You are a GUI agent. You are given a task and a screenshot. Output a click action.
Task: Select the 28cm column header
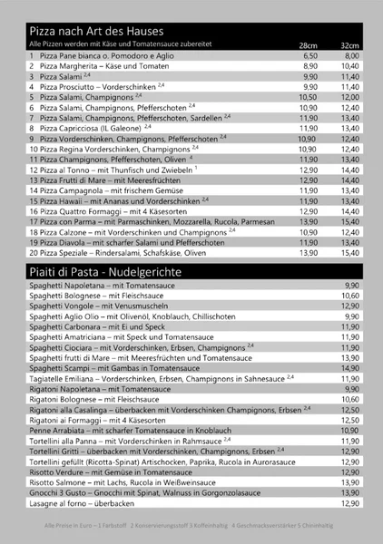point(309,44)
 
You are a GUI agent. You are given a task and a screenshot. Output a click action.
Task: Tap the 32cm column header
point(350,44)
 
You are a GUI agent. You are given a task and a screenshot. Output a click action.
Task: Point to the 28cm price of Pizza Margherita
point(309,66)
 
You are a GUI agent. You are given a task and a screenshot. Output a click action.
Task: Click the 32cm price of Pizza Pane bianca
point(351,55)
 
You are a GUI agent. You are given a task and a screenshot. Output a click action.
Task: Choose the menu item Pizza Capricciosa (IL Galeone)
point(99,128)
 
